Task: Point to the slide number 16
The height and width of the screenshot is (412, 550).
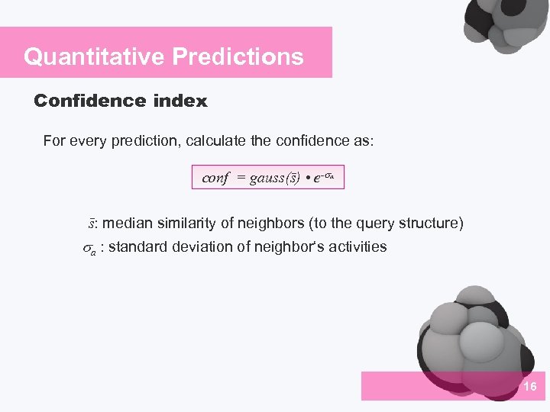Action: click(530, 388)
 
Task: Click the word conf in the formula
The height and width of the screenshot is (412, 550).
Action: click(215, 178)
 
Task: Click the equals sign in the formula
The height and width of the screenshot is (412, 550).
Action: click(241, 179)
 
